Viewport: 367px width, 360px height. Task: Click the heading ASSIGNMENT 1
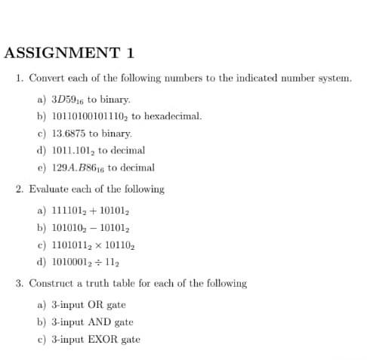pyautogui.click(x=69, y=53)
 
